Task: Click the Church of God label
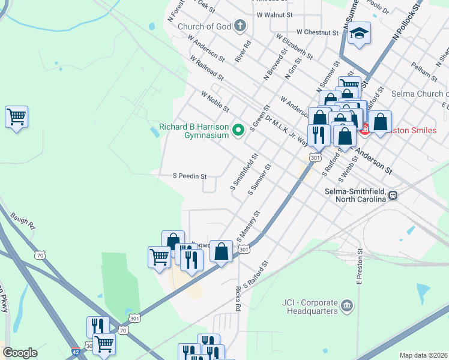[x=204, y=26]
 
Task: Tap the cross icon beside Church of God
[x=240, y=25]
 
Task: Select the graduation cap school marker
[x=360, y=33]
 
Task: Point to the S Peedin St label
[x=190, y=176]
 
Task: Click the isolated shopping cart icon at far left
[x=16, y=116]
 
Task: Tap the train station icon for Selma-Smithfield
[x=393, y=195]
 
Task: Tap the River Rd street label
[x=242, y=52]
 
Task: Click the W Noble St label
[x=215, y=101]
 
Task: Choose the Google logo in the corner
[x=20, y=353]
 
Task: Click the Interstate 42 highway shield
[x=76, y=349]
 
